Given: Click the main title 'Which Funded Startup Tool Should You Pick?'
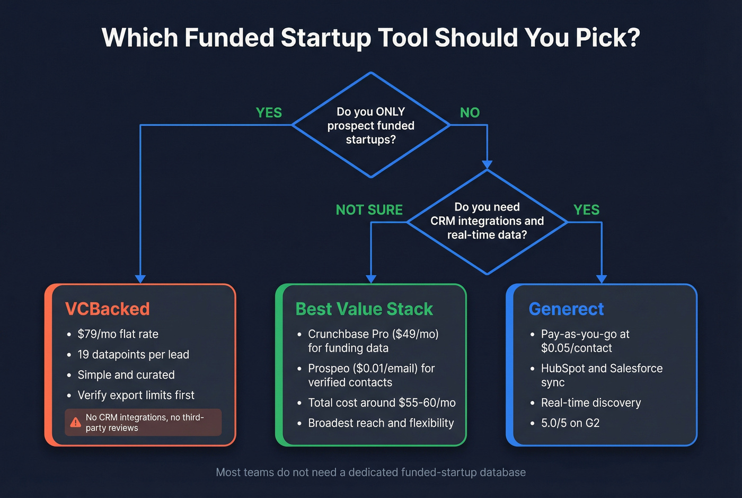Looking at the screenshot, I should point(371,38).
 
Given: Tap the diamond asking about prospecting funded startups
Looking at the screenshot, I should point(371,125).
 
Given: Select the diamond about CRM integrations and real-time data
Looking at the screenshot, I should point(487,221).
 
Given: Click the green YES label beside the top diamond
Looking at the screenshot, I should point(269,113).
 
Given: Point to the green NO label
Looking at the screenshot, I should point(470,113).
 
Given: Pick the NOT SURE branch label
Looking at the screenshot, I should point(369,210).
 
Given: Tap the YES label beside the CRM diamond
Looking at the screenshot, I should point(586,210).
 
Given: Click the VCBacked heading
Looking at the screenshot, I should point(107,309).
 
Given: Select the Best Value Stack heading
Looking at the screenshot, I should point(364,309).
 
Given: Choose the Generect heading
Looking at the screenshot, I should point(566,309).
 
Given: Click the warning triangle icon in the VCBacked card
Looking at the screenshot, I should point(75,422).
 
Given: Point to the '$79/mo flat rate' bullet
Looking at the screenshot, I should point(118,334).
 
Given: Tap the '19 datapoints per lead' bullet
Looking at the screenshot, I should point(133,354).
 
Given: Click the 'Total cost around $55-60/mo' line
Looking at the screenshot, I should point(382,403).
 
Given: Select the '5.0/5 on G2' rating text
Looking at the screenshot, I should point(570,423).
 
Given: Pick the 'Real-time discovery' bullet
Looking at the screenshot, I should point(590,403).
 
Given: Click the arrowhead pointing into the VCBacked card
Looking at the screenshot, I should point(140,279).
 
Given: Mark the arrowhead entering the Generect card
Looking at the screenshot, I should point(602,279).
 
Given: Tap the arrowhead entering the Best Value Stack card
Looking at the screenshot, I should point(371,279).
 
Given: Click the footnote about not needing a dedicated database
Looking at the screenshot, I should point(371,472).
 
